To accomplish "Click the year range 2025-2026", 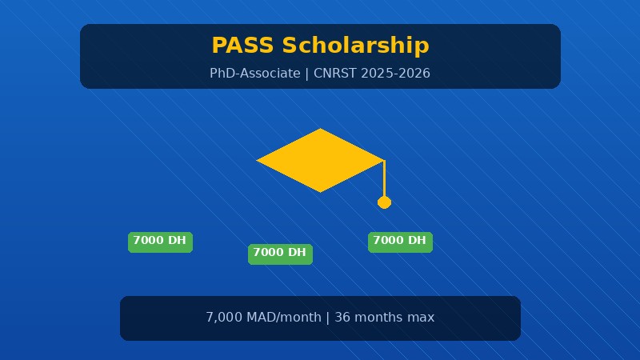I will pyautogui.click(x=395, y=74).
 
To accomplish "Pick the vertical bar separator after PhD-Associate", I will pyautogui.click(x=307, y=74).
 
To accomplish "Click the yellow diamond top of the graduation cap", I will pyautogui.click(x=320, y=160).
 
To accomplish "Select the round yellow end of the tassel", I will pyautogui.click(x=384, y=202).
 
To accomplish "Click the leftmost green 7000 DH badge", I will pyautogui.click(x=160, y=241).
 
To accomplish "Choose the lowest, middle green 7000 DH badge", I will pyautogui.click(x=280, y=253).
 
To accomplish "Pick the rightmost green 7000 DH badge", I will pyautogui.click(x=400, y=241).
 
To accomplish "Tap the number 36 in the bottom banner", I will pyautogui.click(x=342, y=318).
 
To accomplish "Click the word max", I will pyautogui.click(x=422, y=318).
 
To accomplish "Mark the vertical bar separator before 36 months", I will pyautogui.click(x=328, y=318).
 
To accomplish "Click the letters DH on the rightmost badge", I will pyautogui.click(x=417, y=241).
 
